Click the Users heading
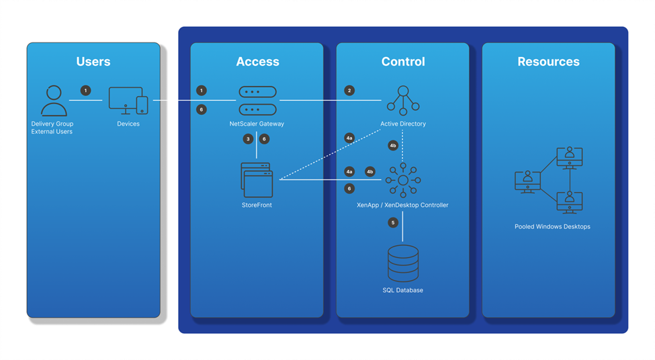pyautogui.click(x=93, y=61)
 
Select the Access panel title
pyautogui.click(x=257, y=61)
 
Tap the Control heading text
pyautogui.click(x=403, y=61)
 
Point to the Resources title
pyautogui.click(x=548, y=61)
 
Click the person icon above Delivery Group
pyautogui.click(x=54, y=101)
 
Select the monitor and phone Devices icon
pyautogui.click(x=128, y=100)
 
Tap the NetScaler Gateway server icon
pyautogui.click(x=257, y=101)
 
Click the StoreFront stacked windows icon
pyautogui.click(x=257, y=180)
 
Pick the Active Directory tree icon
pyautogui.click(x=403, y=101)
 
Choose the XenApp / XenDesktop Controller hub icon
pyautogui.click(x=403, y=180)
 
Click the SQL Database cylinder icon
pyautogui.click(x=403, y=263)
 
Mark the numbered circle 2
pyautogui.click(x=349, y=91)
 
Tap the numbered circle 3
pyautogui.click(x=248, y=139)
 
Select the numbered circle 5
pyautogui.click(x=393, y=222)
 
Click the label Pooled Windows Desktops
pyautogui.click(x=552, y=226)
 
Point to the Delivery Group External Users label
pyautogui.click(x=52, y=128)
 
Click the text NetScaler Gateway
pyautogui.click(x=257, y=124)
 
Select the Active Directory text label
pyautogui.click(x=403, y=124)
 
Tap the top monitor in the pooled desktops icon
pyautogui.click(x=570, y=158)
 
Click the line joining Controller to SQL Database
pyautogui.click(x=402, y=226)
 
